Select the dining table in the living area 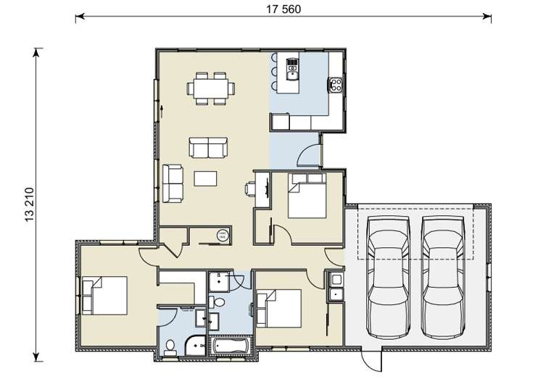211,88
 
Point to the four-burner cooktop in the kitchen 336,85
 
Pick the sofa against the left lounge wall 173,183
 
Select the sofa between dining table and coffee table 209,148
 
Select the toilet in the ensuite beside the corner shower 170,346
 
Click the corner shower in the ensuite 194,346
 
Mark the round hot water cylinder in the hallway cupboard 223,234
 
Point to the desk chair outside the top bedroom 249,188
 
